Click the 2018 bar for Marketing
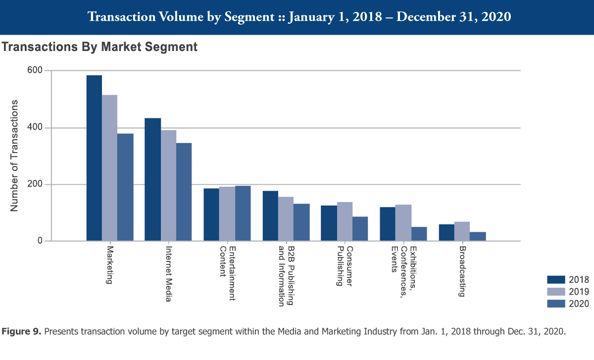pos(94,158)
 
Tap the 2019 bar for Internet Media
pos(168,186)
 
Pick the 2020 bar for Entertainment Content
pos(243,213)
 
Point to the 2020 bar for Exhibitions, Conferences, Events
pos(419,234)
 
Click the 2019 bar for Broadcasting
pos(462,232)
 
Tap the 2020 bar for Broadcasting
pos(478,237)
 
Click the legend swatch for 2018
pos(556,280)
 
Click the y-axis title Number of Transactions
pos(14,155)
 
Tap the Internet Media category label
pos(168,267)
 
